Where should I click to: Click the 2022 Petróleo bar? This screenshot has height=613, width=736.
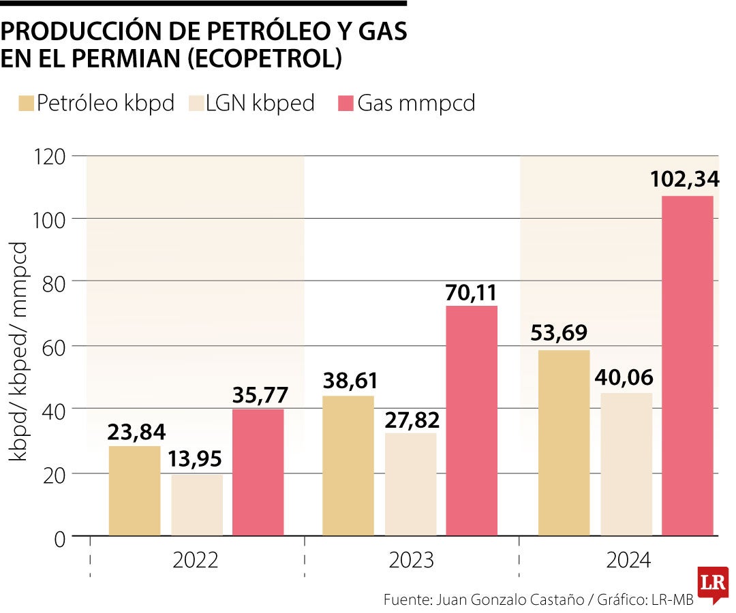(135, 490)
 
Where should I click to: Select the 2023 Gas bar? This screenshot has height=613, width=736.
(472, 420)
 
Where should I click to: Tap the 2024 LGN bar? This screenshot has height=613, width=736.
(626, 464)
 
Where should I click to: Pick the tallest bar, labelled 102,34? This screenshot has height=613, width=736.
(688, 365)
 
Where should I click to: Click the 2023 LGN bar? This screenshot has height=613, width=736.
(410, 484)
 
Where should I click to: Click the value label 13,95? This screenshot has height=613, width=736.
(196, 461)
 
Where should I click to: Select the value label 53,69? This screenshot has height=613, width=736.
(563, 334)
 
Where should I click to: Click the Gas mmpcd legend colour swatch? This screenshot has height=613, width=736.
(346, 104)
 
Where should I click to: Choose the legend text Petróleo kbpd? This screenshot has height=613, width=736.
(106, 104)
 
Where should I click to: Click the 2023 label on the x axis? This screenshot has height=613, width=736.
(411, 561)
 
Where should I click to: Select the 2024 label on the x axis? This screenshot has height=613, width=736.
(628, 561)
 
